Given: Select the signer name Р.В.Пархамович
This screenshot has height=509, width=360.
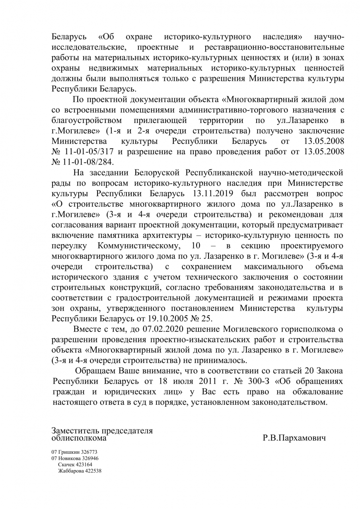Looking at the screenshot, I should point(294,438).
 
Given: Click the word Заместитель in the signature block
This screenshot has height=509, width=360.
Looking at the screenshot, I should point(76,431).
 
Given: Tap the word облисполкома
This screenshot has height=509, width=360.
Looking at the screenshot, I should point(79,438).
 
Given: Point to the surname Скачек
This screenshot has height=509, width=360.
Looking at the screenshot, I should point(66,464).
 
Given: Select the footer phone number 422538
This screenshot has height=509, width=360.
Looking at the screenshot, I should point(91,471).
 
